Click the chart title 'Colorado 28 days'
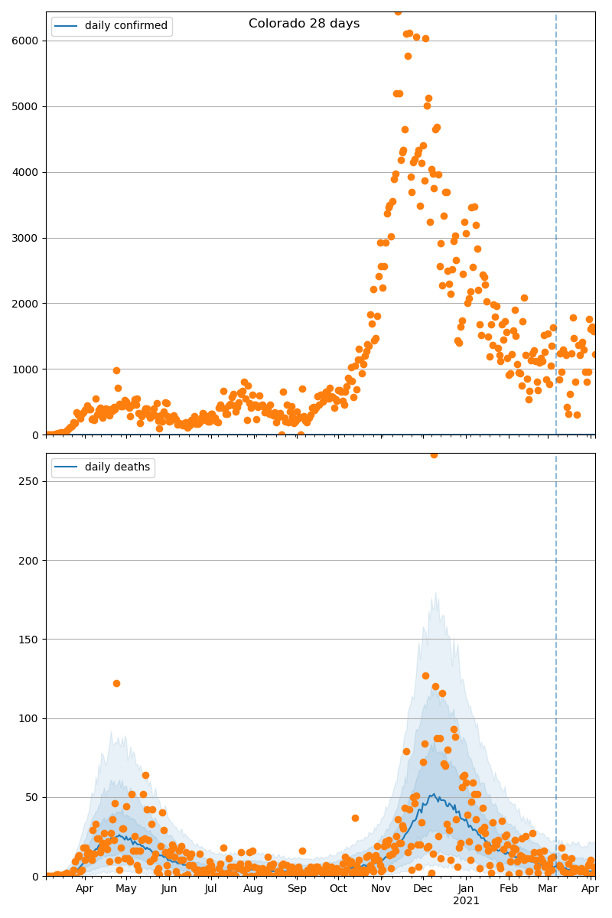(x=304, y=24)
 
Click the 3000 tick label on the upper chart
(x=27, y=238)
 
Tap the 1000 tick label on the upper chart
(x=27, y=369)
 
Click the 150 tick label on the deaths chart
(x=31, y=640)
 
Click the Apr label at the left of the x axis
(x=84, y=889)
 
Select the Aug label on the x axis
(x=253, y=889)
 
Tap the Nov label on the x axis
(x=380, y=889)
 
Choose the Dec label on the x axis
(x=422, y=889)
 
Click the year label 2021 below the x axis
(x=466, y=901)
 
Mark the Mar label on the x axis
(x=547, y=889)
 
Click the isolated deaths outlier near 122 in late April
(x=116, y=683)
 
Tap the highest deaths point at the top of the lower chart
(x=434, y=454)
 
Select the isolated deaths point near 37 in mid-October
(x=355, y=818)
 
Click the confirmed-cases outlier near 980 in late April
(x=116, y=370)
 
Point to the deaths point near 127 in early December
(x=425, y=675)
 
